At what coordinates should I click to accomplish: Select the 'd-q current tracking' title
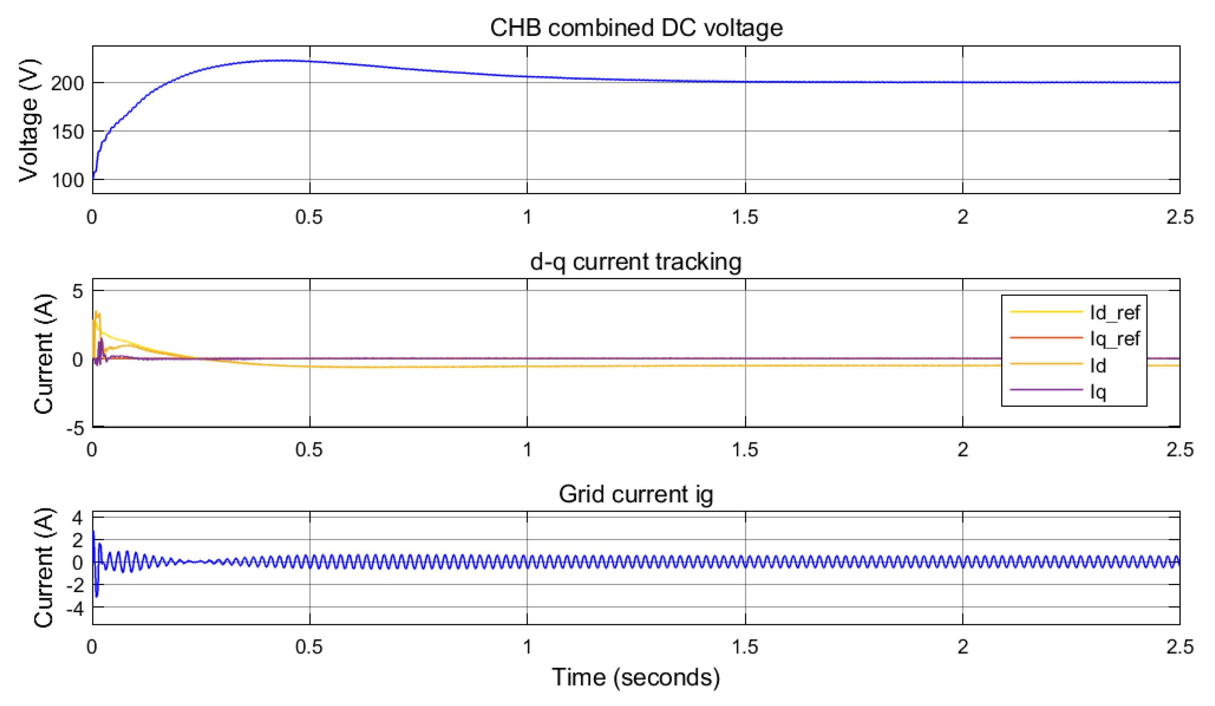tap(635, 262)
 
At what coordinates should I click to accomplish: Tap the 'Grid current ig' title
tap(635, 494)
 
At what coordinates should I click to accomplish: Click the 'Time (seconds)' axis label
tap(635, 677)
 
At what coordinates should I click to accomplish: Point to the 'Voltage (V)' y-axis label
tap(28, 120)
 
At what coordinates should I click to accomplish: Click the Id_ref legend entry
tap(1075, 313)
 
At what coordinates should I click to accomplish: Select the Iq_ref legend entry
tap(1075, 338)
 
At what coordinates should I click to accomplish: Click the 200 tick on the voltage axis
tap(68, 84)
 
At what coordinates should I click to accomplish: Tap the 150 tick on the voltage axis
tap(68, 132)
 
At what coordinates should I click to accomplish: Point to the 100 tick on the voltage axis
tap(68, 180)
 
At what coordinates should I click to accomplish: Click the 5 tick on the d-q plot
tap(78, 291)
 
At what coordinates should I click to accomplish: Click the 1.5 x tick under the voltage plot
tap(745, 217)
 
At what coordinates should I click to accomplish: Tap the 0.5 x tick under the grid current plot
tap(309, 647)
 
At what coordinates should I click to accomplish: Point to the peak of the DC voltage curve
tap(280, 60)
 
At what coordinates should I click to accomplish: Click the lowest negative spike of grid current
tap(97, 597)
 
